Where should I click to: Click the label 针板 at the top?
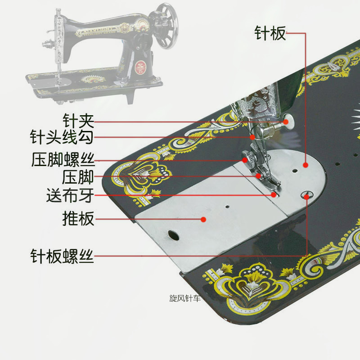[270, 33]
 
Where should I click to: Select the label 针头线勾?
[62, 137]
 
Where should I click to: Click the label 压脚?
[78, 177]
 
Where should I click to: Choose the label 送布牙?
[70, 196]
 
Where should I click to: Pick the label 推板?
[78, 219]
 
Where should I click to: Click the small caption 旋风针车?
[185, 298]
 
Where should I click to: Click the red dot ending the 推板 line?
[203, 219]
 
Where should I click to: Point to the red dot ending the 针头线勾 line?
[252, 137]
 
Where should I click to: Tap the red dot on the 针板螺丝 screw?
[307, 196]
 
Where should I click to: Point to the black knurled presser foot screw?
[246, 158]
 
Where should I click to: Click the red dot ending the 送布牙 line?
[273, 195]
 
